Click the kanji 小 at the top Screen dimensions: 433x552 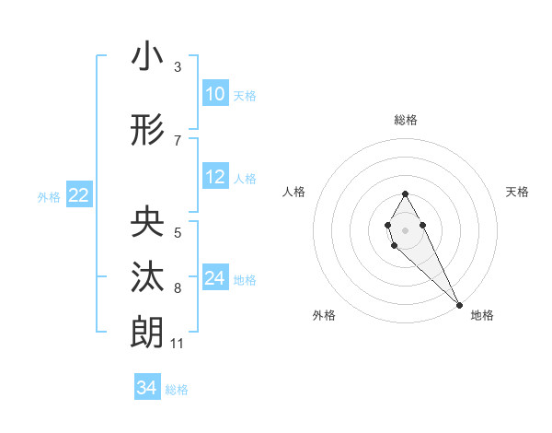147,56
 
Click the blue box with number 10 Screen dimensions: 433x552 215,94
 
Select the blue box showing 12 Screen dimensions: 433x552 215,178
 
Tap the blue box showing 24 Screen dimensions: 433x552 215,278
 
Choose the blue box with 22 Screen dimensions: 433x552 79,195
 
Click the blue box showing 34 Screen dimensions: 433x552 147,388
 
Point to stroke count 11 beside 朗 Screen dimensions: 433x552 178,344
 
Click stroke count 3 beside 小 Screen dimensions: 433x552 178,67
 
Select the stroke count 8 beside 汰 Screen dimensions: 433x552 178,288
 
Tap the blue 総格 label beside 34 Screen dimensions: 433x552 177,390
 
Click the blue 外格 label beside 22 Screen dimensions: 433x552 49,196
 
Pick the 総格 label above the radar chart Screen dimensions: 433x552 406,120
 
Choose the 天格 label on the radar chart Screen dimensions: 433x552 518,192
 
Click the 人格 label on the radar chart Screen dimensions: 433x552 294,192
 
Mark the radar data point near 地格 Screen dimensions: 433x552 459,304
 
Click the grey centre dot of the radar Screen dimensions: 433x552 406,228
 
